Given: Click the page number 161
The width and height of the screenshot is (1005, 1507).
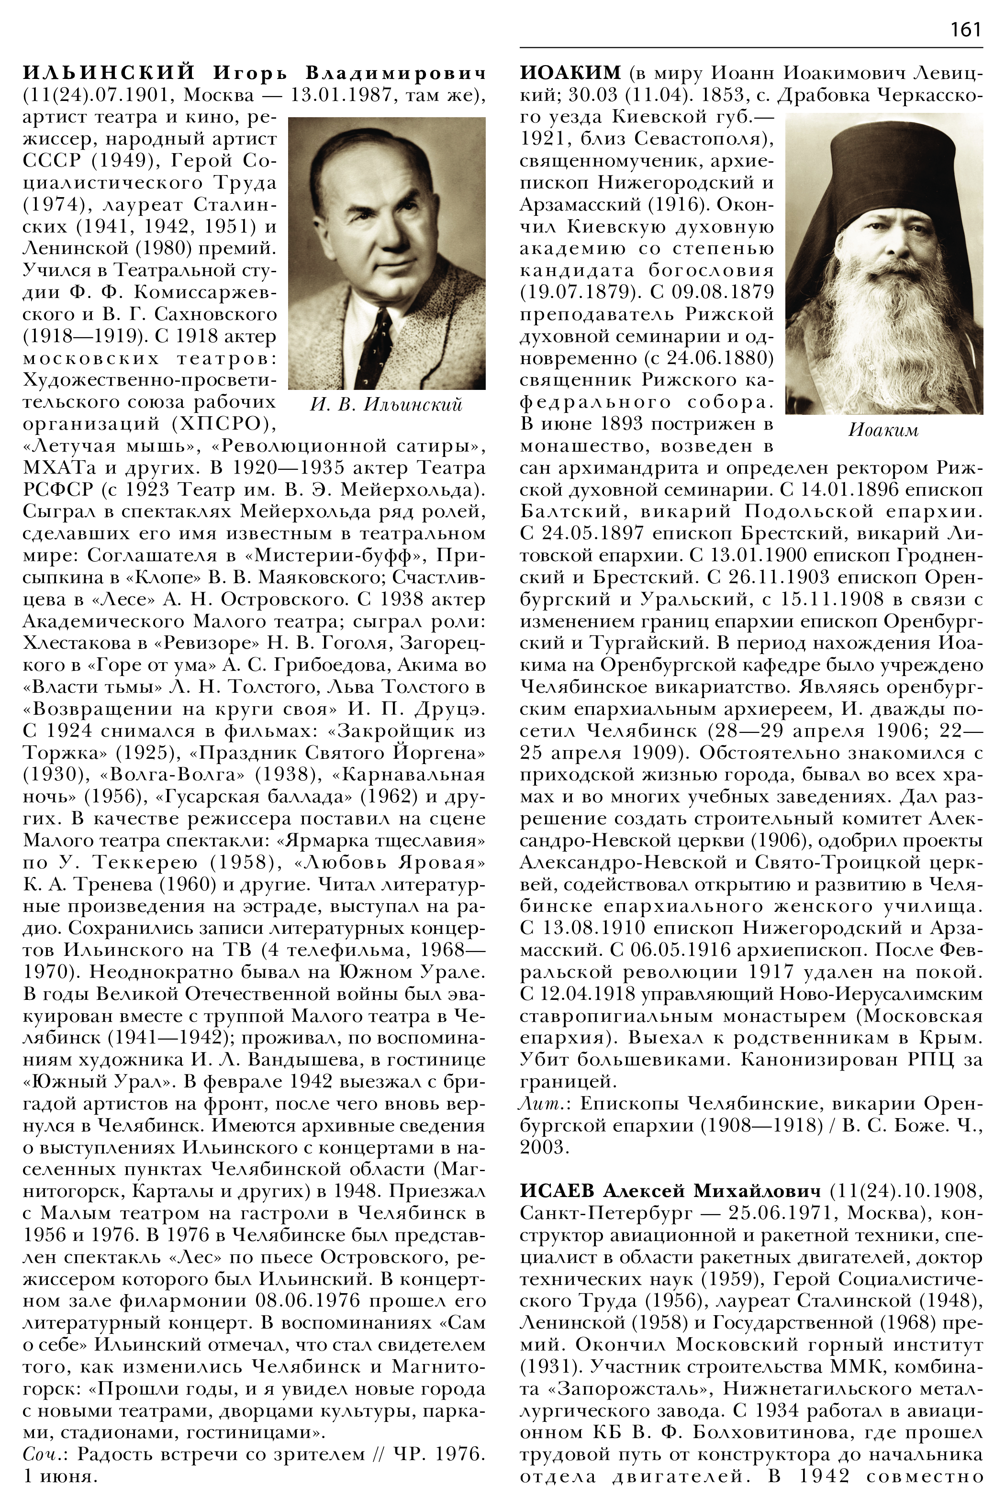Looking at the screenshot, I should coord(965,30).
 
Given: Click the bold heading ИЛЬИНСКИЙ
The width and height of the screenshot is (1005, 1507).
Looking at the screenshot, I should coord(108,72).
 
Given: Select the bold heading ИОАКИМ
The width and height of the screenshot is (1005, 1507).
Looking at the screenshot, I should coord(570,72).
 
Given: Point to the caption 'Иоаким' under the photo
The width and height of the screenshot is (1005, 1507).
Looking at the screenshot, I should coord(883,430).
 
